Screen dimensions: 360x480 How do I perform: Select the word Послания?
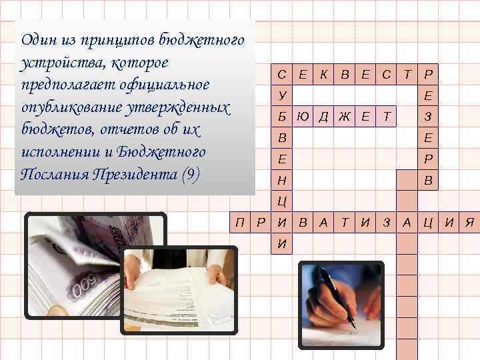pyautogui.click(x=58, y=175)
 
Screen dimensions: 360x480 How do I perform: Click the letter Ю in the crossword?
pyautogui.click(x=303, y=117)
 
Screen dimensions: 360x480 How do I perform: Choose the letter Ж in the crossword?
pyautogui.click(x=344, y=117)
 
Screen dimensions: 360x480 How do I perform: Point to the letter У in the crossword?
pyautogui.click(x=282, y=96)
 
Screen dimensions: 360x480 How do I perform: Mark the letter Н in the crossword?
pyautogui.click(x=282, y=181)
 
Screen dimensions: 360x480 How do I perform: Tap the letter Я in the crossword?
pyautogui.click(x=469, y=222)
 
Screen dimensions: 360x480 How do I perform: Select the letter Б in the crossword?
pyautogui.click(x=282, y=117)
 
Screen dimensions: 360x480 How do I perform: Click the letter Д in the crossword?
pyautogui.click(x=323, y=117)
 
